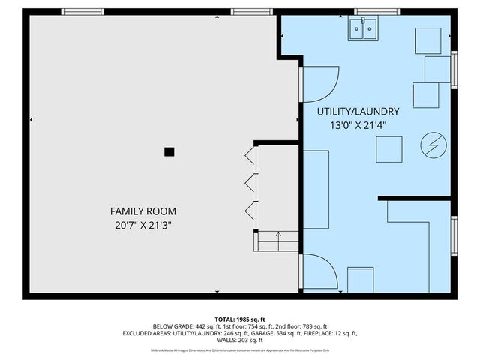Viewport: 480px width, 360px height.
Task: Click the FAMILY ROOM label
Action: (143, 211)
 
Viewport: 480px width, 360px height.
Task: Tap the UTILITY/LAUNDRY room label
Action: (352, 112)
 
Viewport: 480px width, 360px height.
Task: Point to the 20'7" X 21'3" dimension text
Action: (143, 225)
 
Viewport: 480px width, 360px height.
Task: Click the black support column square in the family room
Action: (169, 151)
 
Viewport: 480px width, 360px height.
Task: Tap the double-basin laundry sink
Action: (364, 29)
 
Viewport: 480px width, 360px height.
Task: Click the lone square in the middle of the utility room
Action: (388, 150)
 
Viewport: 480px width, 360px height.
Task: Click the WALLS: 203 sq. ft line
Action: (240, 340)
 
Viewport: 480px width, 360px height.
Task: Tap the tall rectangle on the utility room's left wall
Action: (316, 189)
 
